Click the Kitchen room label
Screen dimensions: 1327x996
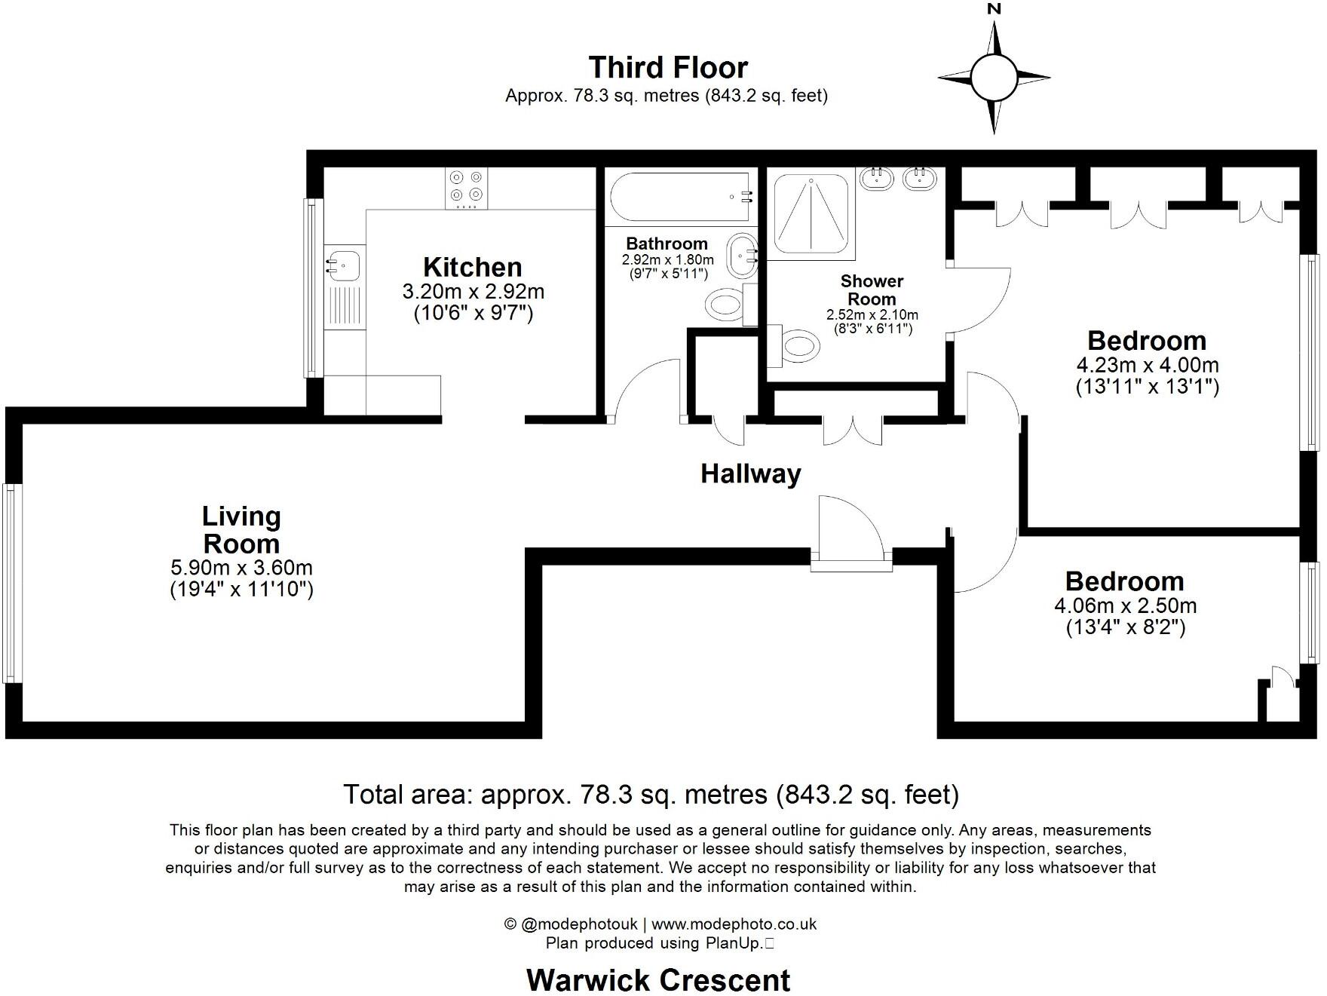click(x=472, y=268)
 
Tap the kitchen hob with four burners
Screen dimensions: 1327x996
click(x=466, y=188)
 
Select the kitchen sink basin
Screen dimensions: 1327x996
click(x=344, y=265)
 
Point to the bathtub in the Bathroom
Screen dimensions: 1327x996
click(x=681, y=197)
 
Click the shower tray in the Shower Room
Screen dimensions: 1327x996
click(x=811, y=216)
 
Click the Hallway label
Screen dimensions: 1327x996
click(x=751, y=474)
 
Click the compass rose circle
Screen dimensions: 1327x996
click(x=994, y=77)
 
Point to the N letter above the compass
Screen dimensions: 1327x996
click(x=994, y=9)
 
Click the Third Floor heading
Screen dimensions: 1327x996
click(x=668, y=67)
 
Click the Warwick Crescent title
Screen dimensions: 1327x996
click(x=658, y=980)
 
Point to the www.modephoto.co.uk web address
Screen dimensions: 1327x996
click(x=734, y=924)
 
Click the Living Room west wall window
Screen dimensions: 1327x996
click(x=11, y=583)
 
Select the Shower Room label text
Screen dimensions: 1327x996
click(x=872, y=290)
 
